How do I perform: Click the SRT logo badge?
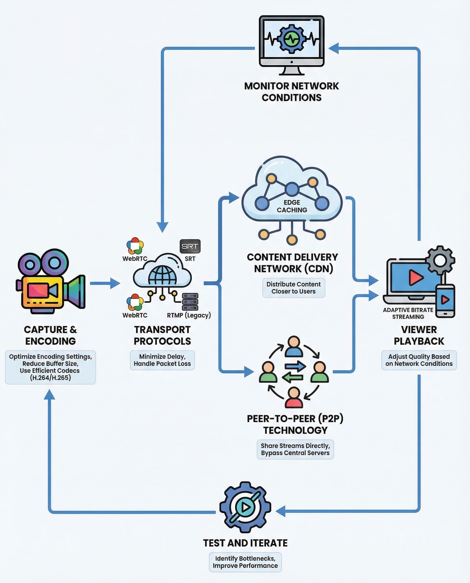click(x=190, y=246)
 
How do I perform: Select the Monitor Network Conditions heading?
click(x=291, y=92)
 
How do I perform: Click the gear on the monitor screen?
click(x=291, y=39)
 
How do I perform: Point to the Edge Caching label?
click(x=292, y=206)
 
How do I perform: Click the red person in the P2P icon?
click(x=294, y=397)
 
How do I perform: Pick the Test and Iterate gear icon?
click(x=245, y=507)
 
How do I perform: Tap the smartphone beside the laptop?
click(x=445, y=301)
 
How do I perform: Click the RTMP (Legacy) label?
click(x=189, y=315)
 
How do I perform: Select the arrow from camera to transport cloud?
click(x=105, y=283)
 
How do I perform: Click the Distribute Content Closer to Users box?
click(x=293, y=288)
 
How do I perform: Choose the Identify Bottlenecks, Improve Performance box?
click(x=245, y=562)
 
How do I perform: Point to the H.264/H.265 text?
click(x=50, y=378)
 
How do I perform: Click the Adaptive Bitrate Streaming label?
click(x=408, y=313)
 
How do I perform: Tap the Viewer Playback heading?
click(x=419, y=336)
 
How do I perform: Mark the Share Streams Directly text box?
click(x=295, y=449)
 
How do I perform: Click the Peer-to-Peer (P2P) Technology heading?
click(x=295, y=424)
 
